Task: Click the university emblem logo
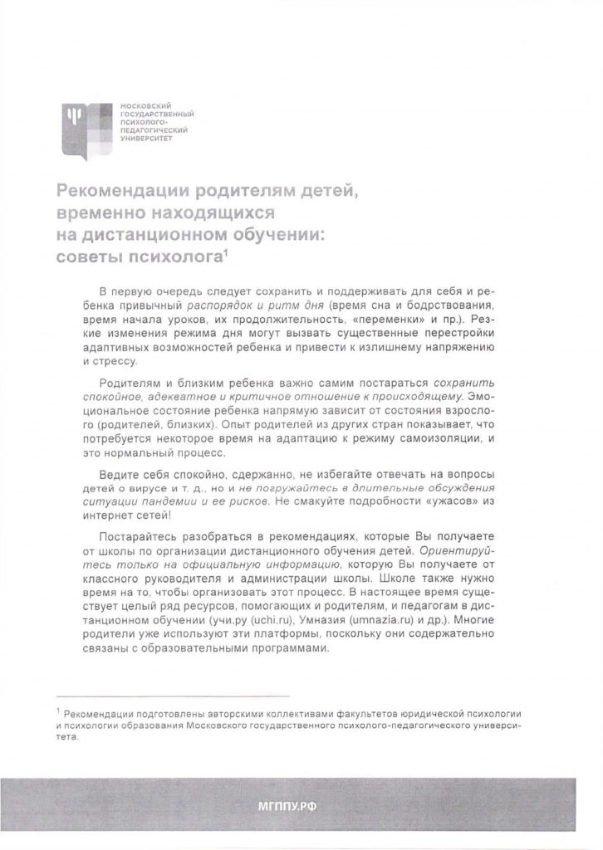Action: pyautogui.click(x=87, y=125)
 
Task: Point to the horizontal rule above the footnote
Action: pyautogui.click(x=171, y=696)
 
